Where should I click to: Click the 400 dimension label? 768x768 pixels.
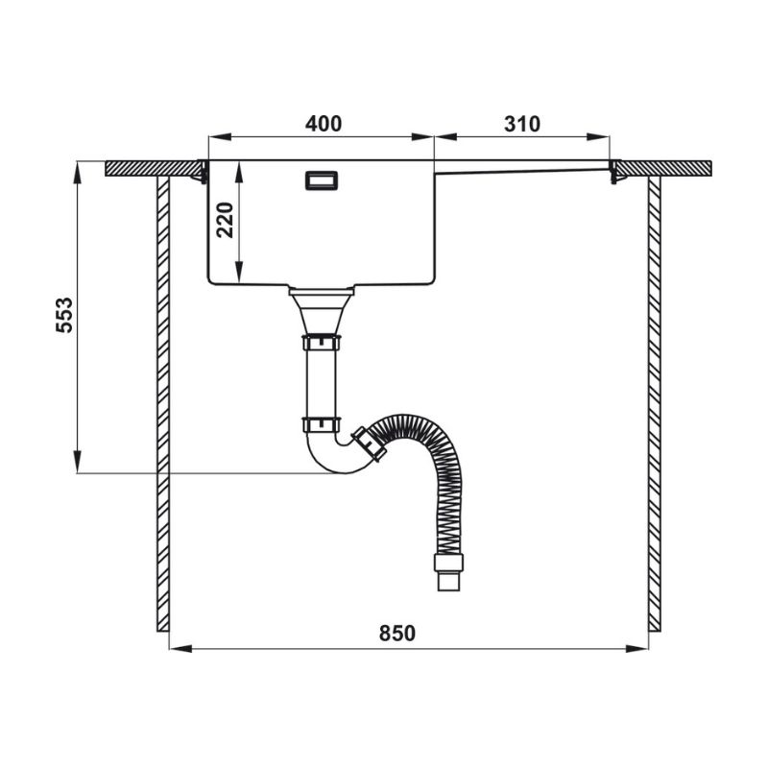click(x=324, y=124)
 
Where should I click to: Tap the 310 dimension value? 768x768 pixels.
click(x=522, y=125)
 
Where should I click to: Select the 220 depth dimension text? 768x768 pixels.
click(x=226, y=220)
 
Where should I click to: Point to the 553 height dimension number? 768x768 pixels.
click(x=64, y=315)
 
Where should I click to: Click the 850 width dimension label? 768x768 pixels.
click(x=396, y=634)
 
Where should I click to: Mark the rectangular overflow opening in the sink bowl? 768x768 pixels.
click(x=322, y=180)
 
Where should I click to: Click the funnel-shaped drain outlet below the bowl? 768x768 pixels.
click(x=322, y=311)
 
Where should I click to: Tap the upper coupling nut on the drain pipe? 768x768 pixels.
click(x=322, y=343)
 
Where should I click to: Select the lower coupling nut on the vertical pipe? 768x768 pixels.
click(x=322, y=424)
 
